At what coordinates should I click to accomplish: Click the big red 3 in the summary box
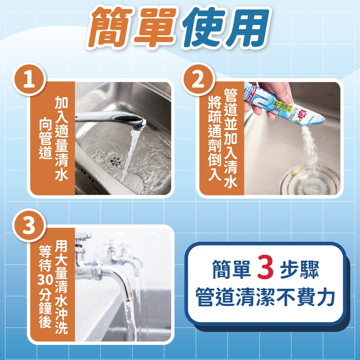(266, 268)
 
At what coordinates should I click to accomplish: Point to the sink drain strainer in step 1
(114, 158)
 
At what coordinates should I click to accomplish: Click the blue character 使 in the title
(202, 28)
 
